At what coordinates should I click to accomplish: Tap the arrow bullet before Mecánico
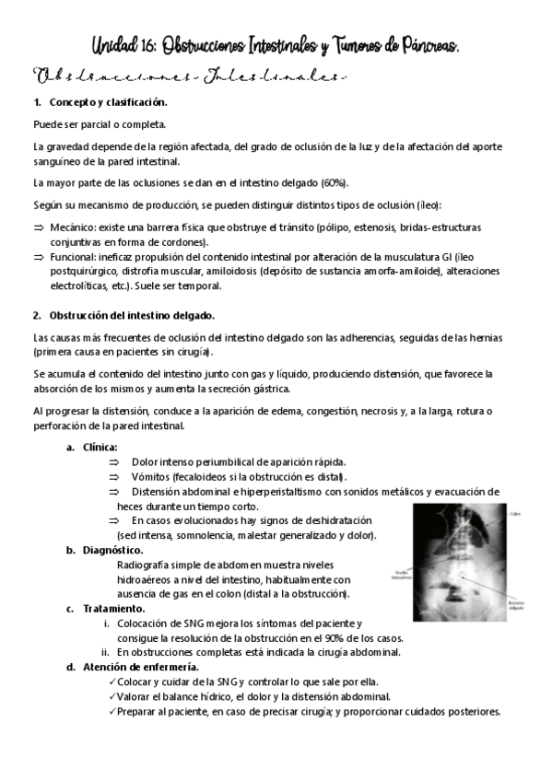(39, 227)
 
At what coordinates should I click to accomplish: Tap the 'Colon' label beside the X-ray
(515, 515)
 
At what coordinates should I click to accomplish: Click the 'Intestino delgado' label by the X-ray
(520, 605)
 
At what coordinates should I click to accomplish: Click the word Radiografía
(147, 565)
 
